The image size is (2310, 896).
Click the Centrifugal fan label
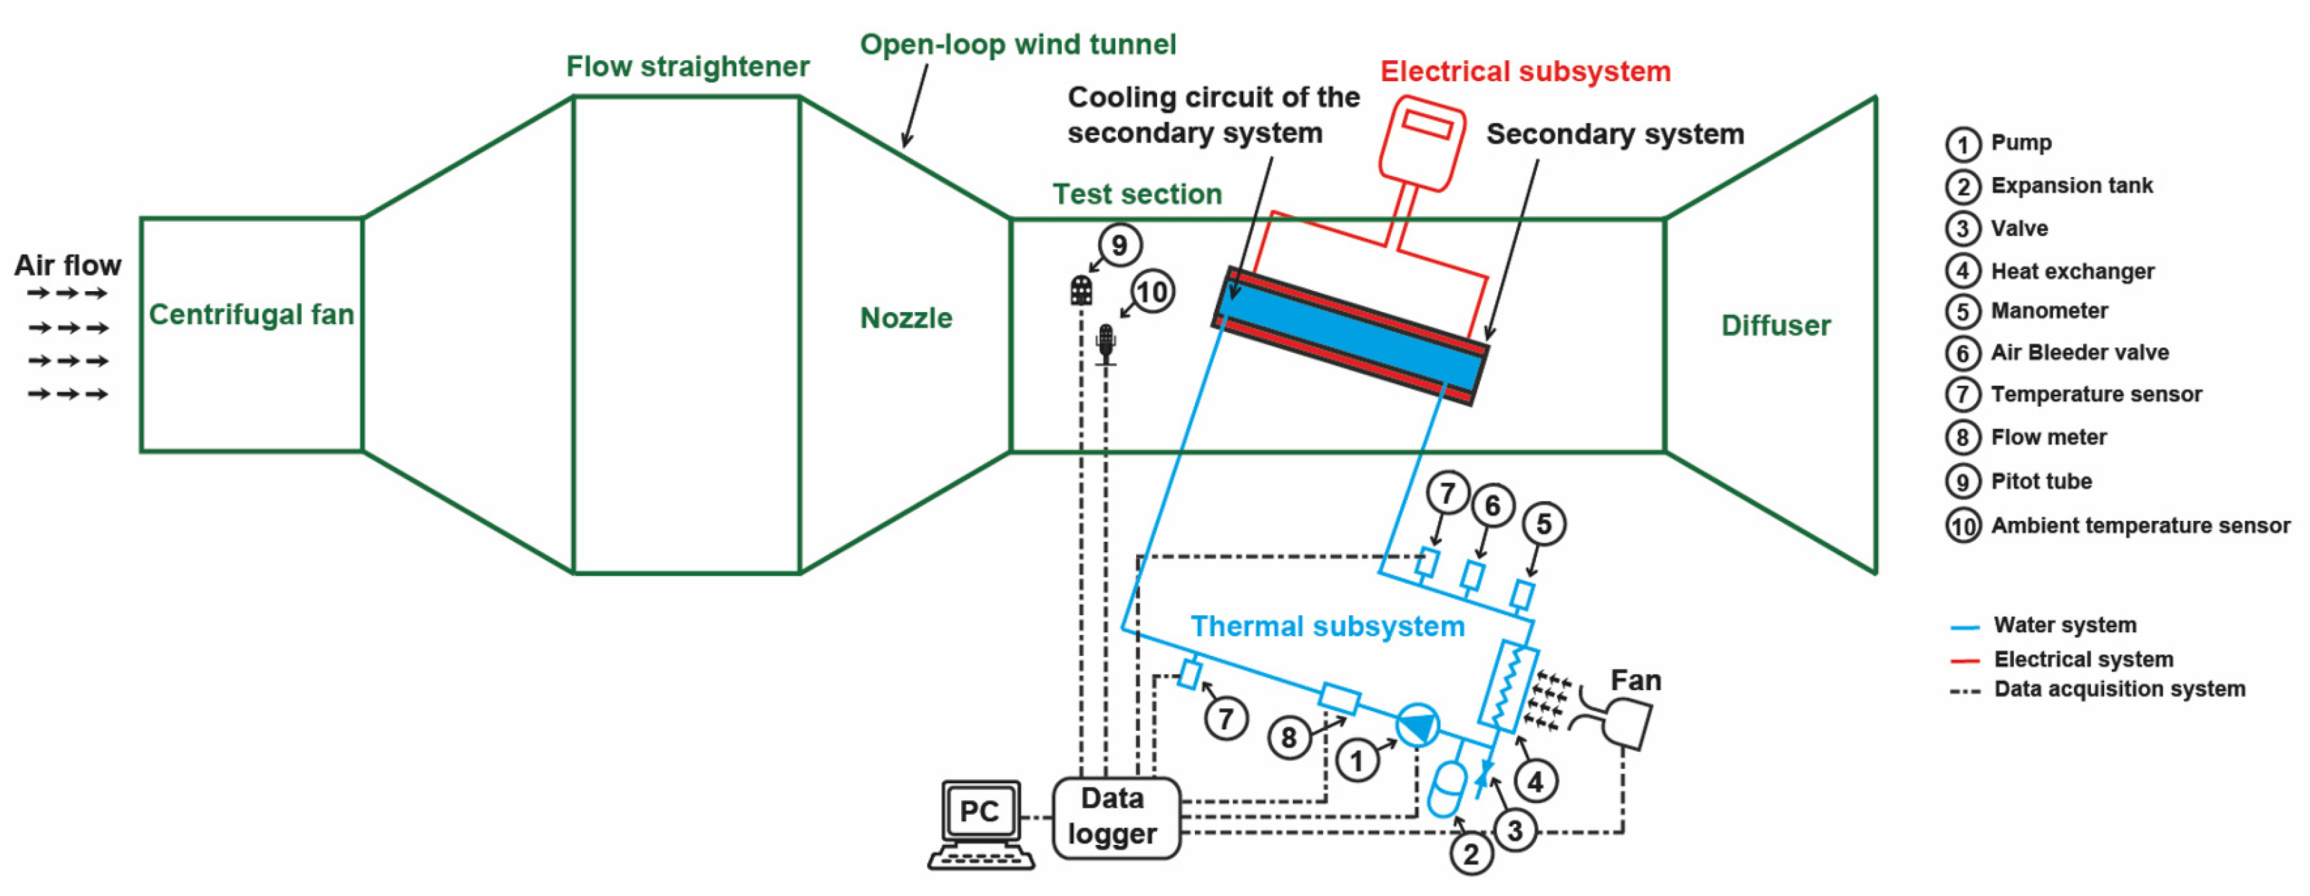point(251,315)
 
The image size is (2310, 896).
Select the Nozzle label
point(906,318)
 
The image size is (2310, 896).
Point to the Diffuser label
point(1775,325)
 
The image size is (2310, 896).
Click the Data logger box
point(1114,817)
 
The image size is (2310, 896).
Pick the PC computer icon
point(981,823)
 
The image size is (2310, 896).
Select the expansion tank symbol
point(1445,790)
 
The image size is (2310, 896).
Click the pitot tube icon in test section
point(1081,290)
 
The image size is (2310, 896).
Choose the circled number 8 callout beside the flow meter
point(1289,737)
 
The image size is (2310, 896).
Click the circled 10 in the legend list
point(1963,526)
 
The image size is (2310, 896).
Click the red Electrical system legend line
point(1965,661)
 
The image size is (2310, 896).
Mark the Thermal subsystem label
point(1327,626)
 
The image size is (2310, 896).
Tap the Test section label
point(1137,194)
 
